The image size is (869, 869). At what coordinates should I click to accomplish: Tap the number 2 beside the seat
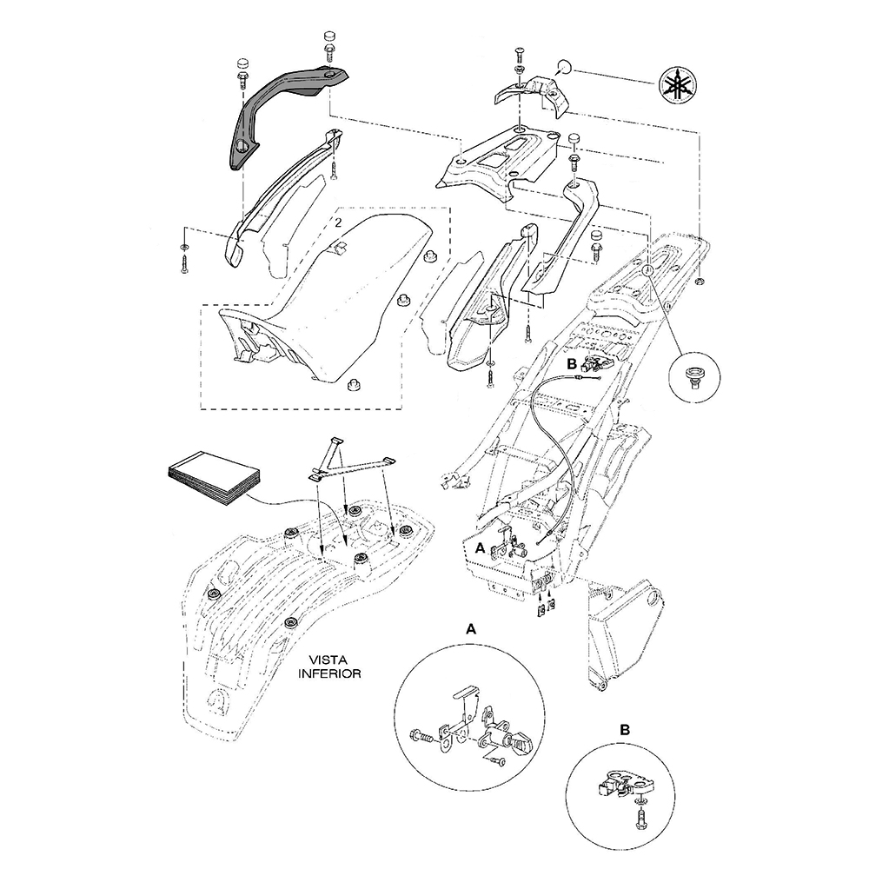tap(337, 223)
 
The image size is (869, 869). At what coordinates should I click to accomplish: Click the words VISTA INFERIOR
tap(329, 667)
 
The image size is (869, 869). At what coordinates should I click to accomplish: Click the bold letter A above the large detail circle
tap(470, 629)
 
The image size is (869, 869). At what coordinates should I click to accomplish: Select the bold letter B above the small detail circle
tap(625, 730)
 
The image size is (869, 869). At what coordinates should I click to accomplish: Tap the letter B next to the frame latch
tap(572, 364)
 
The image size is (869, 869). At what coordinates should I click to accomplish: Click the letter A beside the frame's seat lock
tap(480, 548)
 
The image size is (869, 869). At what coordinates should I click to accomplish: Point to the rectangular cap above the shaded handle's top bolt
tap(329, 37)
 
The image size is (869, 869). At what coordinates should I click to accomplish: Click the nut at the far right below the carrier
tap(699, 282)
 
